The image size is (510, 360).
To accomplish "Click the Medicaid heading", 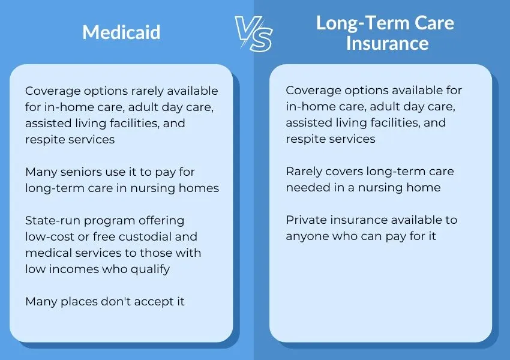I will coord(122,32).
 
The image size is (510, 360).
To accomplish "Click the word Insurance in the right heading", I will coord(387,43).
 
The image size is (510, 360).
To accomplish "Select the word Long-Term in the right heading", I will coord(355,23).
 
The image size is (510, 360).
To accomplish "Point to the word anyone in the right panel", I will coord(306,236).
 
